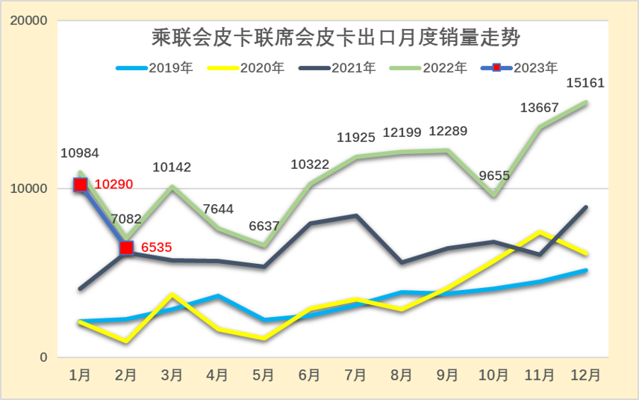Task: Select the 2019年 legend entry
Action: click(155, 68)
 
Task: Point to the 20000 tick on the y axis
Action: click(31, 21)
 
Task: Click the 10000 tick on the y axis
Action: click(31, 189)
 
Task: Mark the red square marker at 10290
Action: click(81, 185)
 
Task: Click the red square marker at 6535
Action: click(127, 247)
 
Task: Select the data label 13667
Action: click(540, 108)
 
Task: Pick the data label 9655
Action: click(493, 176)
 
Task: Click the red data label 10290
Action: click(111, 185)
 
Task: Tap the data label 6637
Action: click(265, 227)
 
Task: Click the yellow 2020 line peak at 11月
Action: click(540, 233)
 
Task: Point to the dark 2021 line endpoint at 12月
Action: click(586, 207)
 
